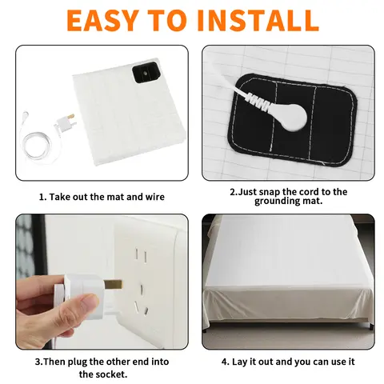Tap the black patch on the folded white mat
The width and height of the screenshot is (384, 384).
coord(147,75)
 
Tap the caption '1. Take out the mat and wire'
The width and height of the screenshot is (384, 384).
coord(102,196)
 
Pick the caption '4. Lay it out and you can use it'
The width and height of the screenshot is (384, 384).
coord(288,361)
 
